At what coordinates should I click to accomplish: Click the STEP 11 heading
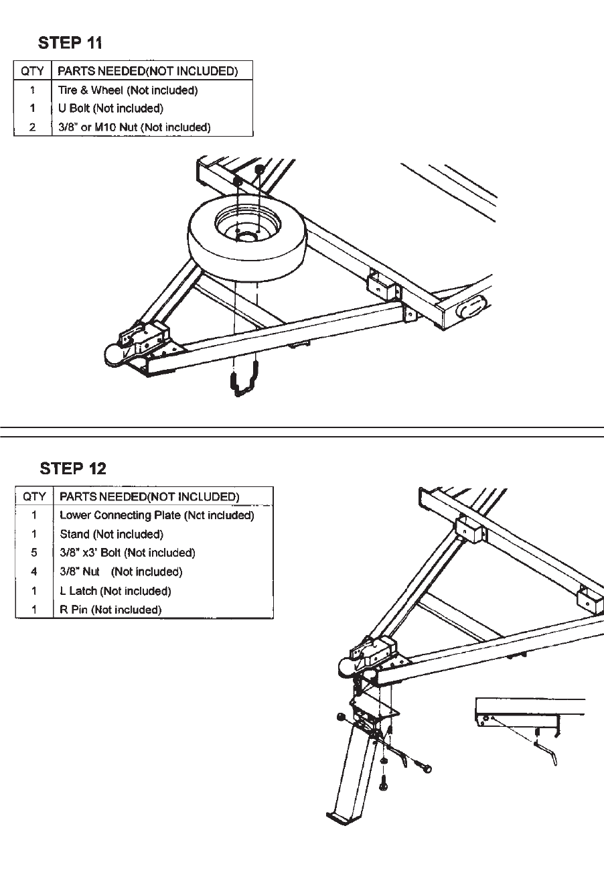(x=70, y=43)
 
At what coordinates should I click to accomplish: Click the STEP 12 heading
(x=73, y=468)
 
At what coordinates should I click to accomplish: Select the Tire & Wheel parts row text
(x=127, y=90)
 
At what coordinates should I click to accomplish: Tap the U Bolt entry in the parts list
(x=110, y=109)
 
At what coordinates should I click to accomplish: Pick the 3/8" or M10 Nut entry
(x=134, y=127)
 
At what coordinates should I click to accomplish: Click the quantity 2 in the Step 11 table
(x=33, y=127)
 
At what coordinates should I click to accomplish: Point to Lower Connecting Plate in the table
(x=157, y=515)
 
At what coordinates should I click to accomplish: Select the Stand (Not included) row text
(x=111, y=534)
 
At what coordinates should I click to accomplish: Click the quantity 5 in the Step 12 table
(x=34, y=553)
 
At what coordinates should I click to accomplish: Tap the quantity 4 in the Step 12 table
(x=34, y=571)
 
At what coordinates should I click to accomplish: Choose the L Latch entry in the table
(x=115, y=591)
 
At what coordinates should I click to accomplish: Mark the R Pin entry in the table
(x=110, y=610)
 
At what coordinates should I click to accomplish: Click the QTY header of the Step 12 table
(x=34, y=496)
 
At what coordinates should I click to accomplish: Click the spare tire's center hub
(x=246, y=235)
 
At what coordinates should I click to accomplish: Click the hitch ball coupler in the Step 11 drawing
(x=115, y=353)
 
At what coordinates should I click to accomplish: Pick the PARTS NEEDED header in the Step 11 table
(x=147, y=71)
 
